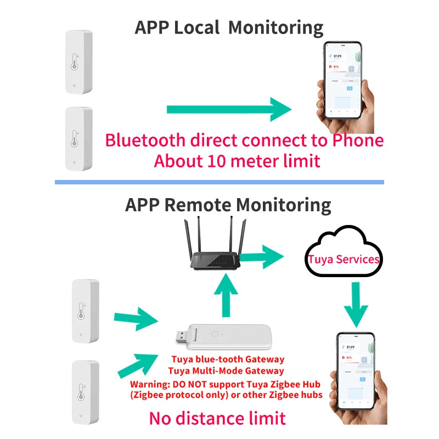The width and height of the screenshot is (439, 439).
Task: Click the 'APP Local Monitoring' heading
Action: tap(229, 27)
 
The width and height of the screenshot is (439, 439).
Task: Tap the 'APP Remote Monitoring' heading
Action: tap(228, 205)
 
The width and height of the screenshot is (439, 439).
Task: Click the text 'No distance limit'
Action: tap(217, 419)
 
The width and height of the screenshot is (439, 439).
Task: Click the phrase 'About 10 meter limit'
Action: tap(237, 161)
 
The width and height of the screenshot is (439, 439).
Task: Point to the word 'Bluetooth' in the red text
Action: tap(145, 140)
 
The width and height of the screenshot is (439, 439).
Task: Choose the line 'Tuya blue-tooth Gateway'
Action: tap(228, 360)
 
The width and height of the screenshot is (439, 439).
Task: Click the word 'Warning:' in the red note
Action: tap(149, 384)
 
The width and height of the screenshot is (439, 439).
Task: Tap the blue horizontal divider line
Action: tap(219, 182)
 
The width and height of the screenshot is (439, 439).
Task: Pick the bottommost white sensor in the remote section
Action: tap(85, 392)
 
